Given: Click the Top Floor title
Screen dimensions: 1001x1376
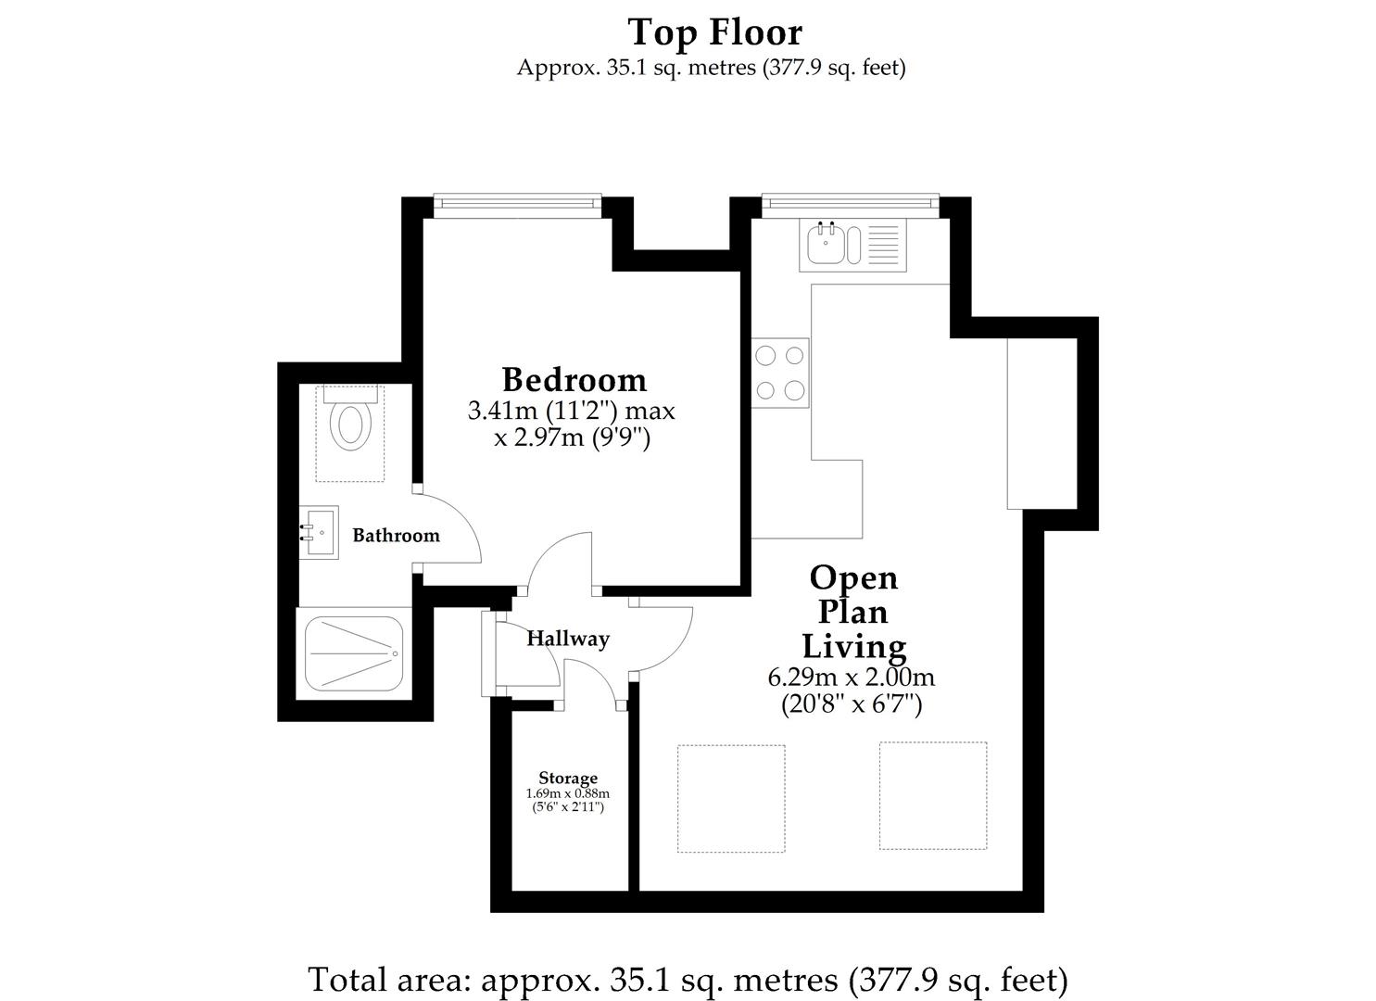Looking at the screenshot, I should click(714, 32).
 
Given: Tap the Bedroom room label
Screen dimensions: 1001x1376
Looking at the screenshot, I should click(574, 380).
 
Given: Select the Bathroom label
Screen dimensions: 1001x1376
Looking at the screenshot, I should click(396, 536).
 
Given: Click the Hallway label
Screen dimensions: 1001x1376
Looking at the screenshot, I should click(568, 639).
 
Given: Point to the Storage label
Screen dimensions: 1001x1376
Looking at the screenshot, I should click(568, 778).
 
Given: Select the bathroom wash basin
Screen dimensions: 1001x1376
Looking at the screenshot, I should click(319, 532).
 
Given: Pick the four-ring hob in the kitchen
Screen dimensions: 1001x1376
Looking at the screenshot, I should click(779, 373).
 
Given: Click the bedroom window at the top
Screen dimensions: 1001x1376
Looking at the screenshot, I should click(517, 203).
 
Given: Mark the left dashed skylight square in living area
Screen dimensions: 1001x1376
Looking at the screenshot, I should click(731, 797).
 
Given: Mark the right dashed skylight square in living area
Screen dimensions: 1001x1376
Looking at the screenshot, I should click(932, 795).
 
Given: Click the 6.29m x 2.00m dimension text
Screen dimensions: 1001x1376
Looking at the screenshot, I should click(851, 678).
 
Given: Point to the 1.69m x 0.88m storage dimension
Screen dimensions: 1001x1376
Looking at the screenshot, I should click(568, 794).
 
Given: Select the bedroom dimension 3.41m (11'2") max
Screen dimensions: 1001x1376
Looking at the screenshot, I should click(572, 410).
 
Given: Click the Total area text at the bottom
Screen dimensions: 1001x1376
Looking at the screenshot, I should click(688, 979).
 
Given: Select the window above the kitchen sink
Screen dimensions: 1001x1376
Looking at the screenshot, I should click(850, 203).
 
